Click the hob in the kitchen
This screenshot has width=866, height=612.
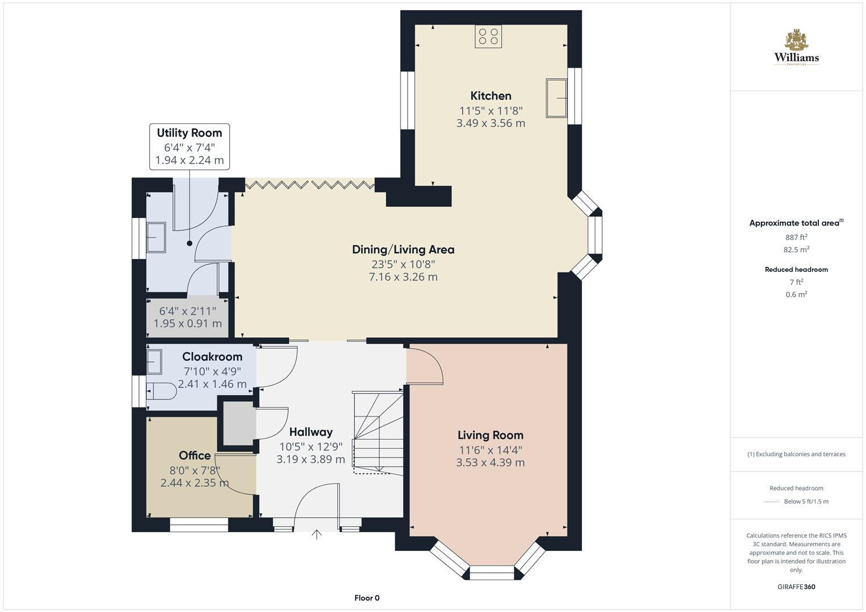tap(488, 37)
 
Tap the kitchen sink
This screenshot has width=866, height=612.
tap(556, 98)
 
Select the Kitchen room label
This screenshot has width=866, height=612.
tap(491, 96)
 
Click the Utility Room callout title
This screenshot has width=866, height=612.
tap(189, 133)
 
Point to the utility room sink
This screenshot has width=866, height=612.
tap(156, 237)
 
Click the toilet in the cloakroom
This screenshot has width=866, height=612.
tap(162, 391)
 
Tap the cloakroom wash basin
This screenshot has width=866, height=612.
tap(154, 362)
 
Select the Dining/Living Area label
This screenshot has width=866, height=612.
tap(403, 249)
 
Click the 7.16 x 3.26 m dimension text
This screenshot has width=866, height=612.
tap(403, 277)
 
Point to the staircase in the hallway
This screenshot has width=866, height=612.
tap(377, 431)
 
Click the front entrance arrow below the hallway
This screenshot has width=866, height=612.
tap(316, 534)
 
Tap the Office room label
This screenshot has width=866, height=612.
tap(195, 456)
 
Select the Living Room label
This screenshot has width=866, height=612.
tap(491, 435)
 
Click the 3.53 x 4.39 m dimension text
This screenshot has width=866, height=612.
tap(491, 462)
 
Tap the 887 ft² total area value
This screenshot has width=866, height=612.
tap(796, 237)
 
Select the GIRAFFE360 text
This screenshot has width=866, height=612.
tap(796, 586)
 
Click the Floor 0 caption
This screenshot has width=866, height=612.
tap(367, 598)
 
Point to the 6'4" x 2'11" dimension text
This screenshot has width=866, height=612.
tap(188, 311)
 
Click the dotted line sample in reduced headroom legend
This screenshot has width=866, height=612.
tap(772, 501)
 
